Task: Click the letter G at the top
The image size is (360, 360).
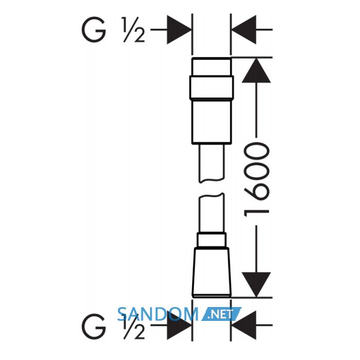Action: tap(94, 29)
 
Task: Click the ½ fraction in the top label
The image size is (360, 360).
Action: tap(134, 29)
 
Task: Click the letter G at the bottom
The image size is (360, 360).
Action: tap(94, 327)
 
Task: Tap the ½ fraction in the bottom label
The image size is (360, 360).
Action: tap(134, 327)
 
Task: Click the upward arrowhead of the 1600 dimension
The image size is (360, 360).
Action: tap(256, 71)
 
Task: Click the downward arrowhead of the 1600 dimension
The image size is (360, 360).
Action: tap(256, 284)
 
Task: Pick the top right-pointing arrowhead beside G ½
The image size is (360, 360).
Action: tap(179, 30)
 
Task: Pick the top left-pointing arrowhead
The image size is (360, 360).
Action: tap(244, 30)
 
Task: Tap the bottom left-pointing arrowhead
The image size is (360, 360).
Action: tap(244, 325)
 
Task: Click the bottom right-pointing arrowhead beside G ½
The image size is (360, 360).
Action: tap(179, 325)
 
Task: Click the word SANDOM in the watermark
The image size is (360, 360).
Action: tap(157, 314)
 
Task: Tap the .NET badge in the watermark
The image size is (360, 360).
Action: tap(221, 314)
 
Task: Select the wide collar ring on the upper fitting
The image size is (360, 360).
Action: tap(211, 87)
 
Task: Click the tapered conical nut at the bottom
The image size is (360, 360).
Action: tap(211, 272)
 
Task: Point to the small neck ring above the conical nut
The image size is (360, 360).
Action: tap(211, 240)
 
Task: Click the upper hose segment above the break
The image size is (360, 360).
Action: tap(211, 164)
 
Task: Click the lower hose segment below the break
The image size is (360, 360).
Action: tap(211, 213)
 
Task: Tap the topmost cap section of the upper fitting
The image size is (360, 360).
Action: tap(211, 67)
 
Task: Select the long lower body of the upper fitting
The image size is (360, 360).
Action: tap(211, 121)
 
